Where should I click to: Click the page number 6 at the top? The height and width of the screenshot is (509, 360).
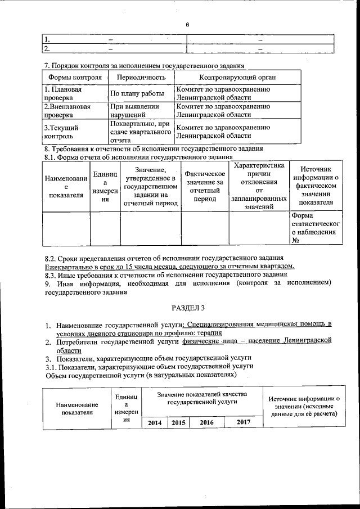click(x=188, y=24)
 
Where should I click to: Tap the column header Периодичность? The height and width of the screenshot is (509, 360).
click(x=141, y=77)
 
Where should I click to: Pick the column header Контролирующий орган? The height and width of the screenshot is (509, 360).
click(x=237, y=77)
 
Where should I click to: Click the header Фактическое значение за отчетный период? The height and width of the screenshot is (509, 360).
click(x=204, y=186)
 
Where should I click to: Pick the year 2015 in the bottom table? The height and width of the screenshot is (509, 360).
click(x=178, y=422)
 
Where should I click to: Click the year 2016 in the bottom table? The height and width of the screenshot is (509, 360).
click(x=206, y=422)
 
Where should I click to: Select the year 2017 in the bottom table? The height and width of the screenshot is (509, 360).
click(x=244, y=422)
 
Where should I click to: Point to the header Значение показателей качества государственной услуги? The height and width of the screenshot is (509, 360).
click(x=202, y=398)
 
